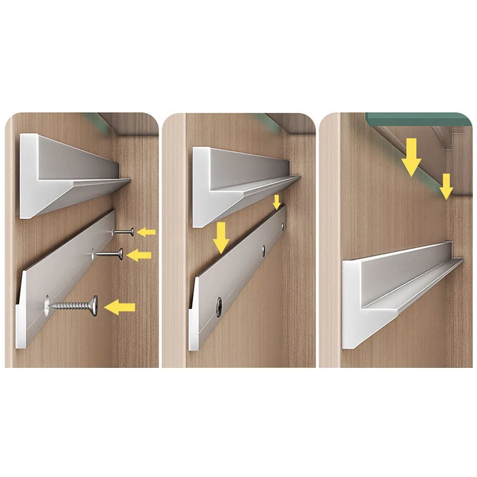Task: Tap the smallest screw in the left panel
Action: coord(123,231)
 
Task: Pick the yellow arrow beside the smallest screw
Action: coord(146,231)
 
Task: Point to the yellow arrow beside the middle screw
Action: coord(140,255)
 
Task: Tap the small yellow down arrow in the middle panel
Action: coord(275,202)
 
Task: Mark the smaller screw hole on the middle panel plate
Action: coord(263,247)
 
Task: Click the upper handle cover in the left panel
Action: coord(66,176)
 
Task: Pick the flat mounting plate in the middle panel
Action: coord(238,280)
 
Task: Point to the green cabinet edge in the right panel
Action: coord(411,119)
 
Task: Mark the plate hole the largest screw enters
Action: coord(47,305)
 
